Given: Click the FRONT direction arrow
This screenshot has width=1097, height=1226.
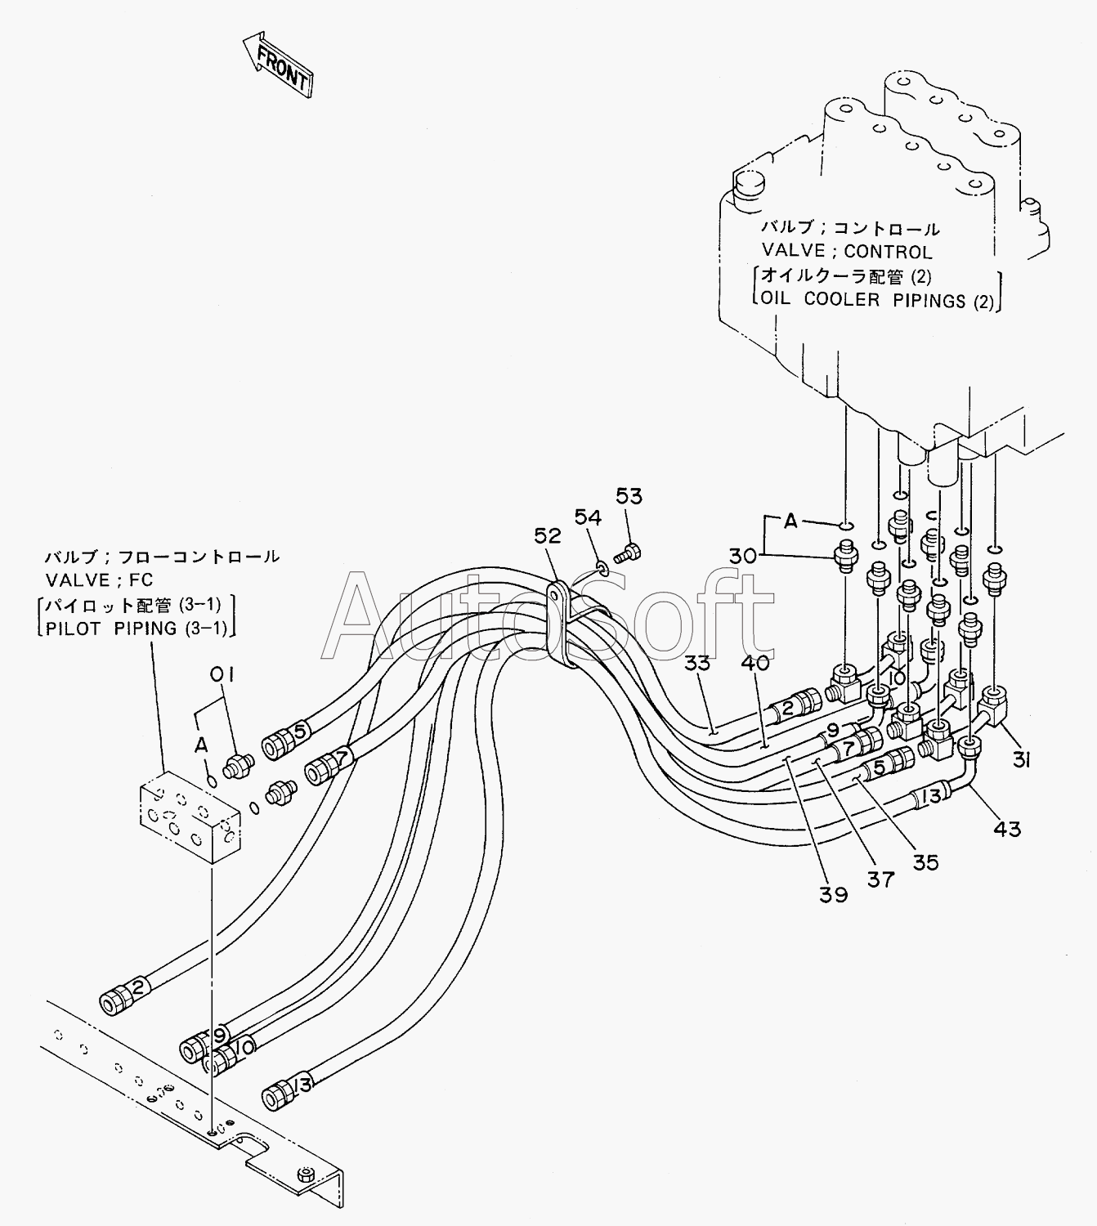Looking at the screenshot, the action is pyautogui.click(x=278, y=66).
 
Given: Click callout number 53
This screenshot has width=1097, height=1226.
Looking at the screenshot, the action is pyautogui.click(x=629, y=496).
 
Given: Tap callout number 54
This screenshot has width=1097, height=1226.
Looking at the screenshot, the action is pyautogui.click(x=588, y=517).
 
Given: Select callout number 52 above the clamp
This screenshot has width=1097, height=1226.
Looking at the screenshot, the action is pyautogui.click(x=548, y=535).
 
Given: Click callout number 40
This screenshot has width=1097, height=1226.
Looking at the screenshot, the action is pyautogui.click(x=755, y=663).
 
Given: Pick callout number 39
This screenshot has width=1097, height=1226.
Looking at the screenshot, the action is pyautogui.click(x=834, y=895).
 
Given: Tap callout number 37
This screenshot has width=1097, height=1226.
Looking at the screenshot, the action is pyautogui.click(x=881, y=879).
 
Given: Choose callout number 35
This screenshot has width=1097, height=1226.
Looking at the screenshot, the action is pyautogui.click(x=925, y=862).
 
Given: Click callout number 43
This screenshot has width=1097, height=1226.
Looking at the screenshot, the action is pyautogui.click(x=1007, y=829).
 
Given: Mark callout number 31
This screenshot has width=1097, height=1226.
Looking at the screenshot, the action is pyautogui.click(x=1022, y=759).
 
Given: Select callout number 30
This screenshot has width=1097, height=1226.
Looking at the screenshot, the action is pyautogui.click(x=743, y=556).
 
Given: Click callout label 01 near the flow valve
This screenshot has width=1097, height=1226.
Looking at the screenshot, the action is pyautogui.click(x=222, y=674).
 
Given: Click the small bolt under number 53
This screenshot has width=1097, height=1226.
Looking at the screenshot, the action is pyautogui.click(x=628, y=553).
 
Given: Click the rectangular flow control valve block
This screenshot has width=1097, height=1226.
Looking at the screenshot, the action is pyautogui.click(x=190, y=817).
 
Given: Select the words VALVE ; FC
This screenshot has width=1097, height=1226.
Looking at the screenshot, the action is pyautogui.click(x=99, y=579).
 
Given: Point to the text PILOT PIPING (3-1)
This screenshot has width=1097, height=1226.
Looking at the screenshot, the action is pyautogui.click(x=137, y=629).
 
